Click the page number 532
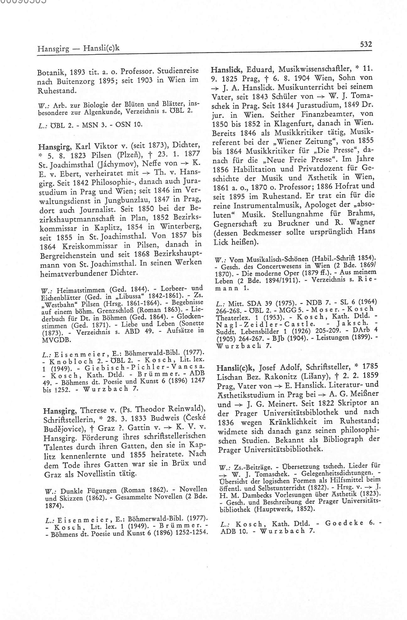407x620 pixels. pos(366,44)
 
